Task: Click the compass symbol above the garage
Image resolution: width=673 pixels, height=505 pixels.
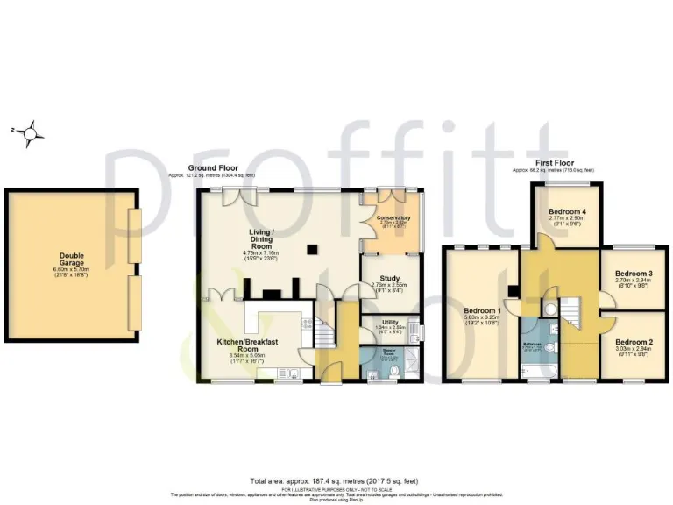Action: tap(32, 132)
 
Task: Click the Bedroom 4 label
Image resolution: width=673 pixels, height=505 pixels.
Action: tap(566, 211)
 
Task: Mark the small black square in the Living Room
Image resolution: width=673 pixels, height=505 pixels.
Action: tap(311, 250)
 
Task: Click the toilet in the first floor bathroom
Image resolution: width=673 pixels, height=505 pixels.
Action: tap(549, 347)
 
